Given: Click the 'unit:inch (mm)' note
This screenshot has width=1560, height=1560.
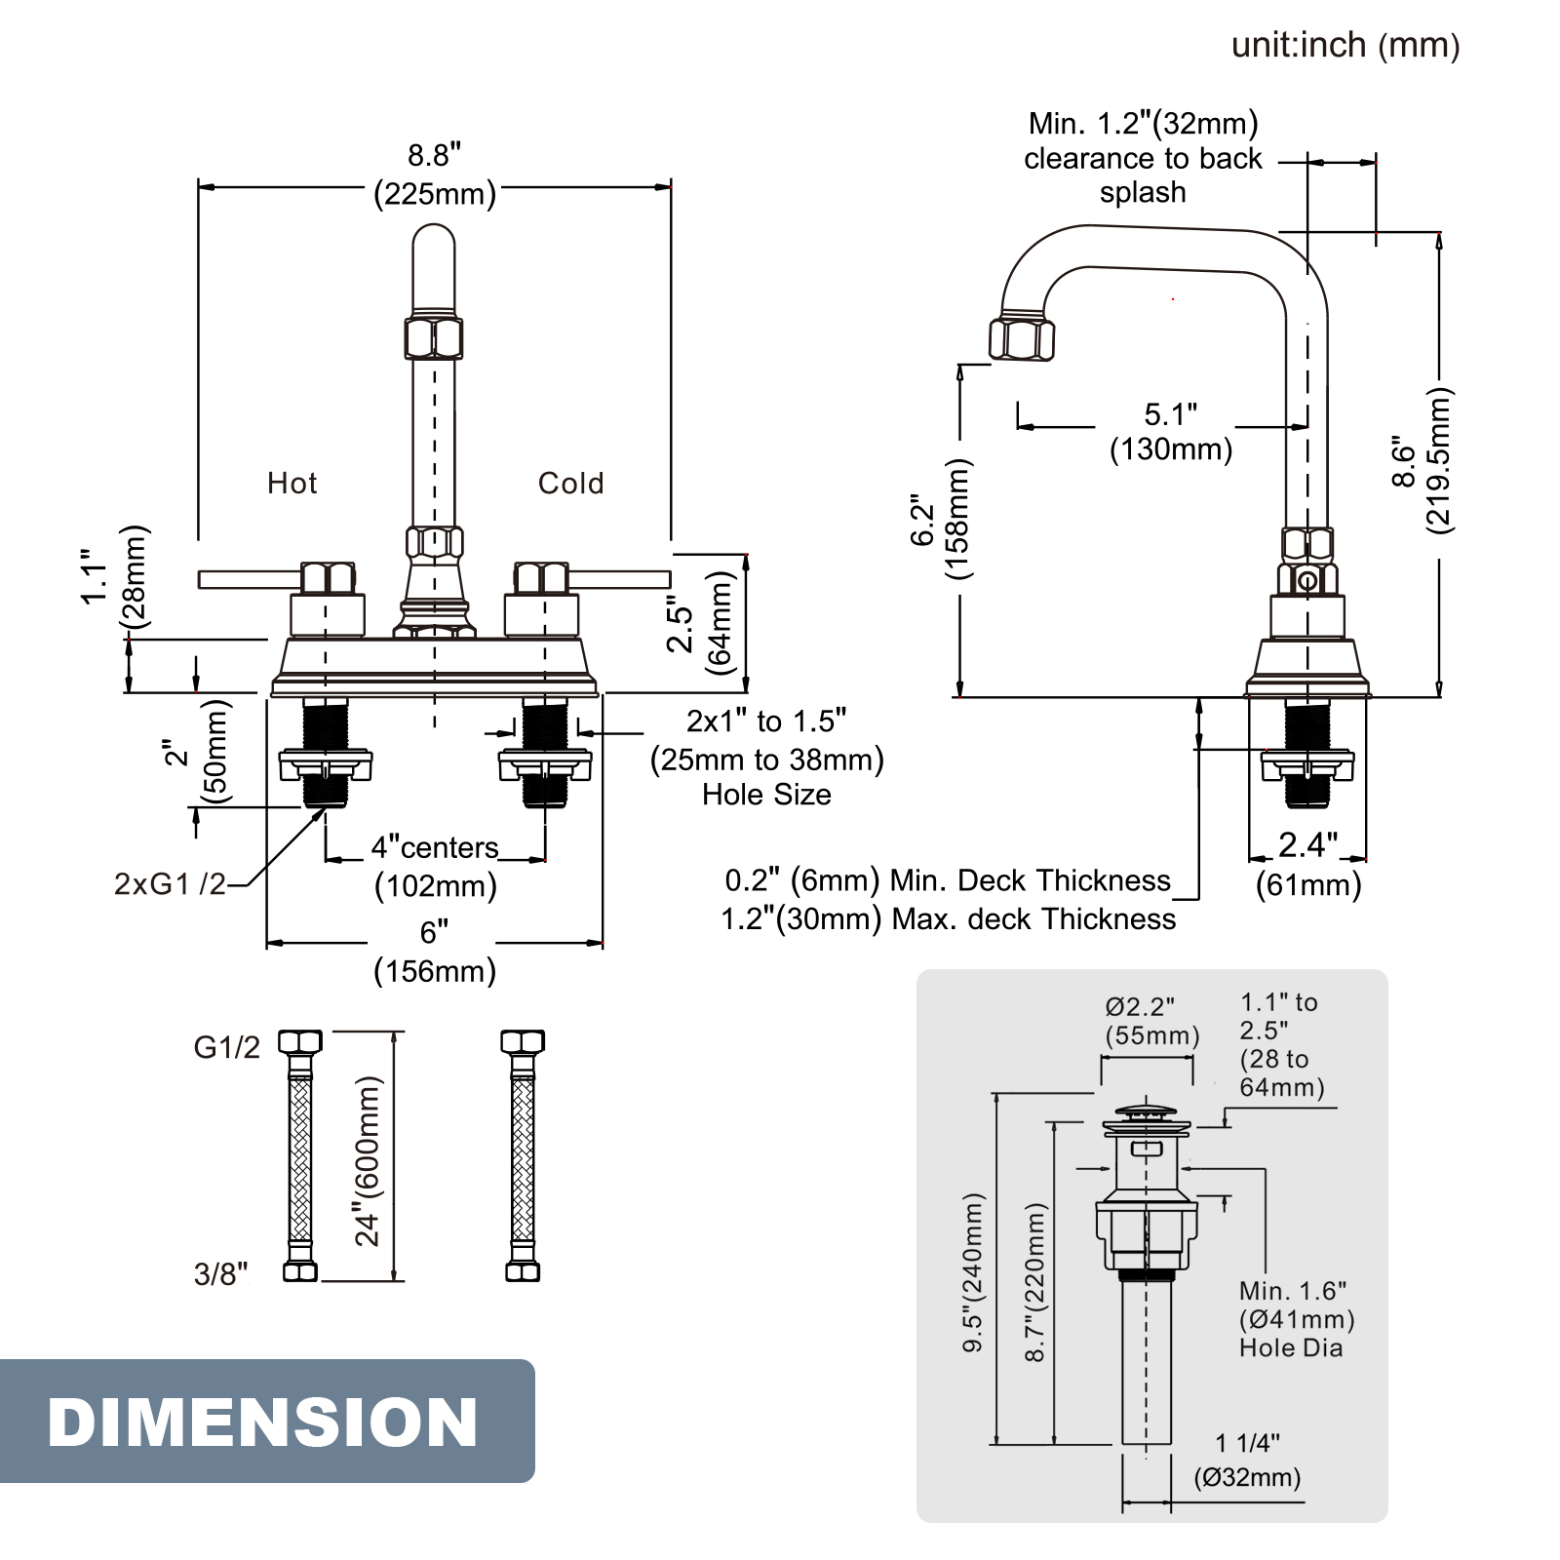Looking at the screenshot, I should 1345,46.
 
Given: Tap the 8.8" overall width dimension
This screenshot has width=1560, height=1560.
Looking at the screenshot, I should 434,156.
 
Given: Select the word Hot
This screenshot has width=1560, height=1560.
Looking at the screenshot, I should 292,484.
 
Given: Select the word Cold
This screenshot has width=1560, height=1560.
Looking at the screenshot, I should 570,484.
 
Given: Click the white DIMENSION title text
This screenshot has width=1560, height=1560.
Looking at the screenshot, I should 262,1423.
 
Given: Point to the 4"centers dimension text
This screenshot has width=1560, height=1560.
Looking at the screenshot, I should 435,848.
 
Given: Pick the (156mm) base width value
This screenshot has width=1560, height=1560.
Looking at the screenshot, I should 435,971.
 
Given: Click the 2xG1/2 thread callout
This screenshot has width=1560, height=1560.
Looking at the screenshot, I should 170,884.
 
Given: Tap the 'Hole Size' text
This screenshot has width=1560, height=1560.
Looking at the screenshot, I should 766,795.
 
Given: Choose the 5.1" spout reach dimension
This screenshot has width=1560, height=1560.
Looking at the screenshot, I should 1170,415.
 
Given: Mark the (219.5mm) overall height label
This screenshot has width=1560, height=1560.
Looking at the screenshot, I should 1439,460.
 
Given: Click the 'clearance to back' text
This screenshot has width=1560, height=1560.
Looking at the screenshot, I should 1143,159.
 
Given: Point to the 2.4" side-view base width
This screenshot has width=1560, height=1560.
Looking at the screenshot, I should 1307,845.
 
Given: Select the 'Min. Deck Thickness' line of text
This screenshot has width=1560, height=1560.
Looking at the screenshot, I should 947,880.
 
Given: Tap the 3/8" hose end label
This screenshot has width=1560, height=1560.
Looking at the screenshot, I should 220,1274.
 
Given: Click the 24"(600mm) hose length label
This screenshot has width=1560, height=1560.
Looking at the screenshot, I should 368,1161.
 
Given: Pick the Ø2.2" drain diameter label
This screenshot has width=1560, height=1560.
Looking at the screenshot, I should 1140,1006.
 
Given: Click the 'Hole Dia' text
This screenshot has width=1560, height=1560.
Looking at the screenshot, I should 1291,1348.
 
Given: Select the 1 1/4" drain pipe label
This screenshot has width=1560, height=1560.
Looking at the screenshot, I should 1247,1443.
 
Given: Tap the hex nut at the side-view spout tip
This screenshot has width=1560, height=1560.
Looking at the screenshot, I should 1021,337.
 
